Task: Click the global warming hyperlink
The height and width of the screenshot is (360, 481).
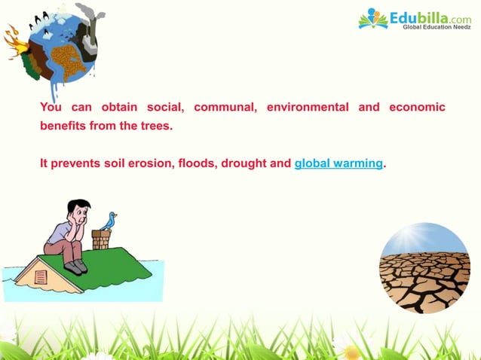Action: pos(339,163)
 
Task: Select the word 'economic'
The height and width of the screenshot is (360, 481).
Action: pos(417,107)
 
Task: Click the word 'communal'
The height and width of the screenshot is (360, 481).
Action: pos(225,107)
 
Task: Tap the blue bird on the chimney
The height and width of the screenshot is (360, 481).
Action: pos(109,221)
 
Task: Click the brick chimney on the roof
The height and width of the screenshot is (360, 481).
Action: pos(101,240)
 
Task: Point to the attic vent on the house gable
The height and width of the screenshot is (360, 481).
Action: pos(41,276)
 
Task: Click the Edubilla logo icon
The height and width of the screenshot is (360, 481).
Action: pos(372,18)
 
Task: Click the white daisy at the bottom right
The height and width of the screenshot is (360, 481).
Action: pos(348,347)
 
